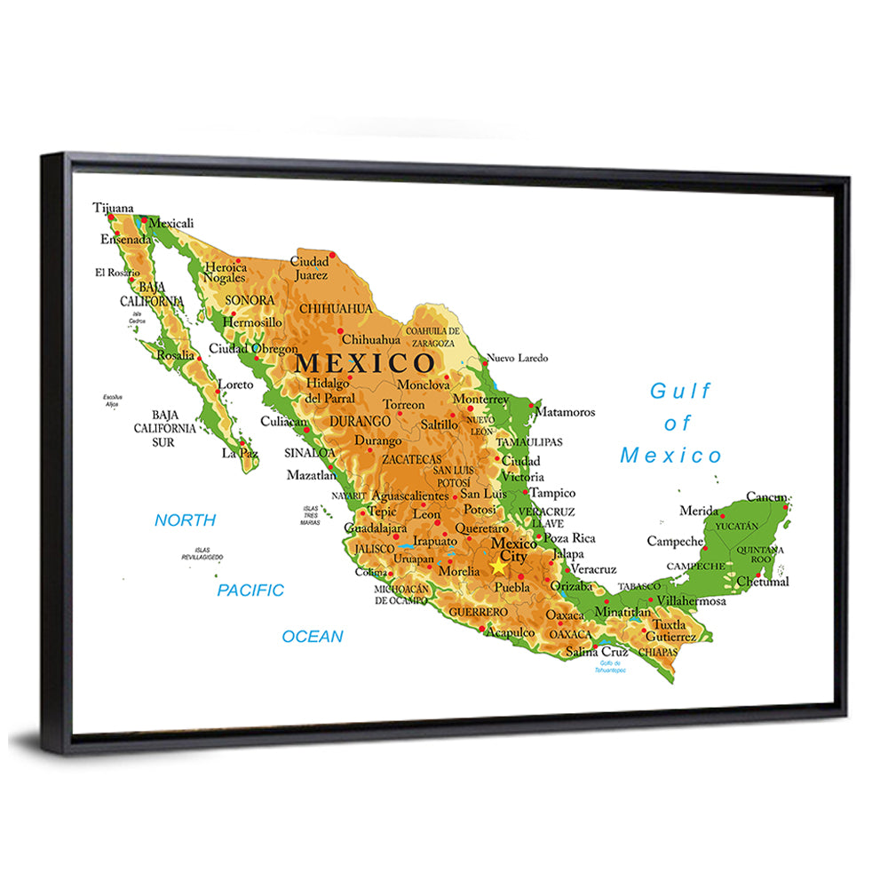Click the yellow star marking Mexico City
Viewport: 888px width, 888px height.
(498, 566)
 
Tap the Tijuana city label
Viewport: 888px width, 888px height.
(113, 208)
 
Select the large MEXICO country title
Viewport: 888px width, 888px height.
(365, 362)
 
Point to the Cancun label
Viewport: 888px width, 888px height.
(766, 496)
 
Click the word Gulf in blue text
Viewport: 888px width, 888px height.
(681, 391)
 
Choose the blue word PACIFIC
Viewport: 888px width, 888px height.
(250, 590)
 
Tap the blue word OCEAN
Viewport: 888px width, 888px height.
(313, 636)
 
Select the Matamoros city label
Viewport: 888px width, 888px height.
(564, 412)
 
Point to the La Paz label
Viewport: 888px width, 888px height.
(240, 453)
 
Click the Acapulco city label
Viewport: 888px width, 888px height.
(510, 631)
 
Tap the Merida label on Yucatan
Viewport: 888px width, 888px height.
(699, 511)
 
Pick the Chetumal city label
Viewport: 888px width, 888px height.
(763, 582)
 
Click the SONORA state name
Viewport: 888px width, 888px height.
(250, 300)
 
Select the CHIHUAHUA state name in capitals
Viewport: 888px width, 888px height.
(336, 308)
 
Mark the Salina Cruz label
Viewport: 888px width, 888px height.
(597, 652)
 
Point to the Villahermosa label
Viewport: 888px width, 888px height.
(692, 601)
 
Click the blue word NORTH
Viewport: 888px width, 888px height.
(185, 520)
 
